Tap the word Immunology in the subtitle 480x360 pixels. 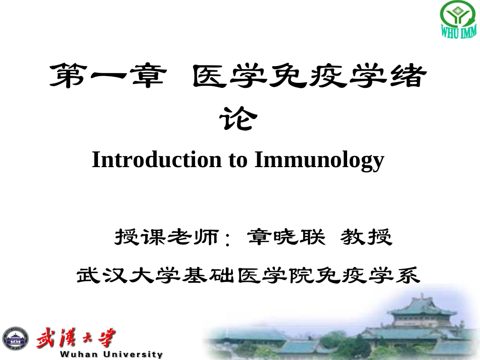(x=319, y=160)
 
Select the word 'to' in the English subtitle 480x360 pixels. (x=237, y=160)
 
